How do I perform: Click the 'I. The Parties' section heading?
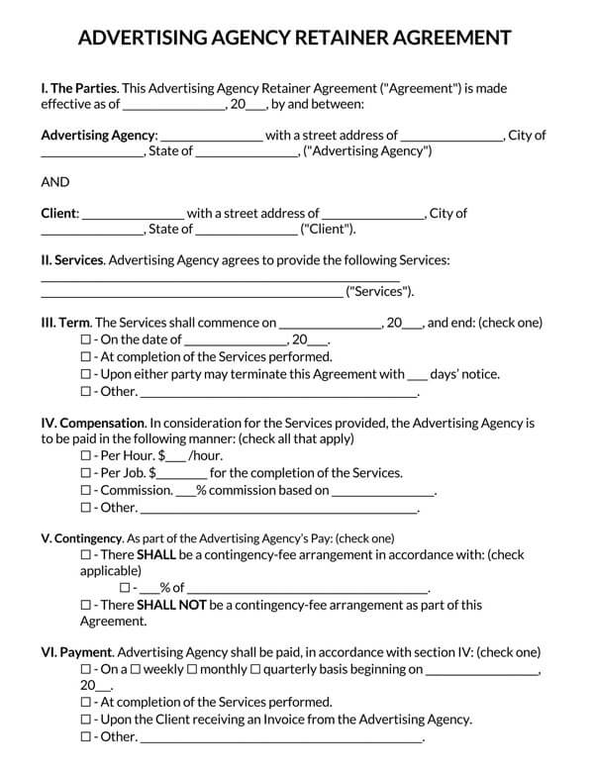[78, 87]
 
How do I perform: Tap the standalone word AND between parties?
[55, 182]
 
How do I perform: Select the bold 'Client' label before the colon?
[58, 213]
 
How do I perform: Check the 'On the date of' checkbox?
[85, 339]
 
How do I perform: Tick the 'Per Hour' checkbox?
[85, 456]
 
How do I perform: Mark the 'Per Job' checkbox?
[85, 473]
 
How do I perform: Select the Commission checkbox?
[85, 490]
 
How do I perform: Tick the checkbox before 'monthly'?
[192, 670]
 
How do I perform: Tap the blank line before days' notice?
[418, 375]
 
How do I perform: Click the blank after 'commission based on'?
[383, 491]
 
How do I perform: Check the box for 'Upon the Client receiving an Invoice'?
[85, 720]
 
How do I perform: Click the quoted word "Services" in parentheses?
[378, 292]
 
